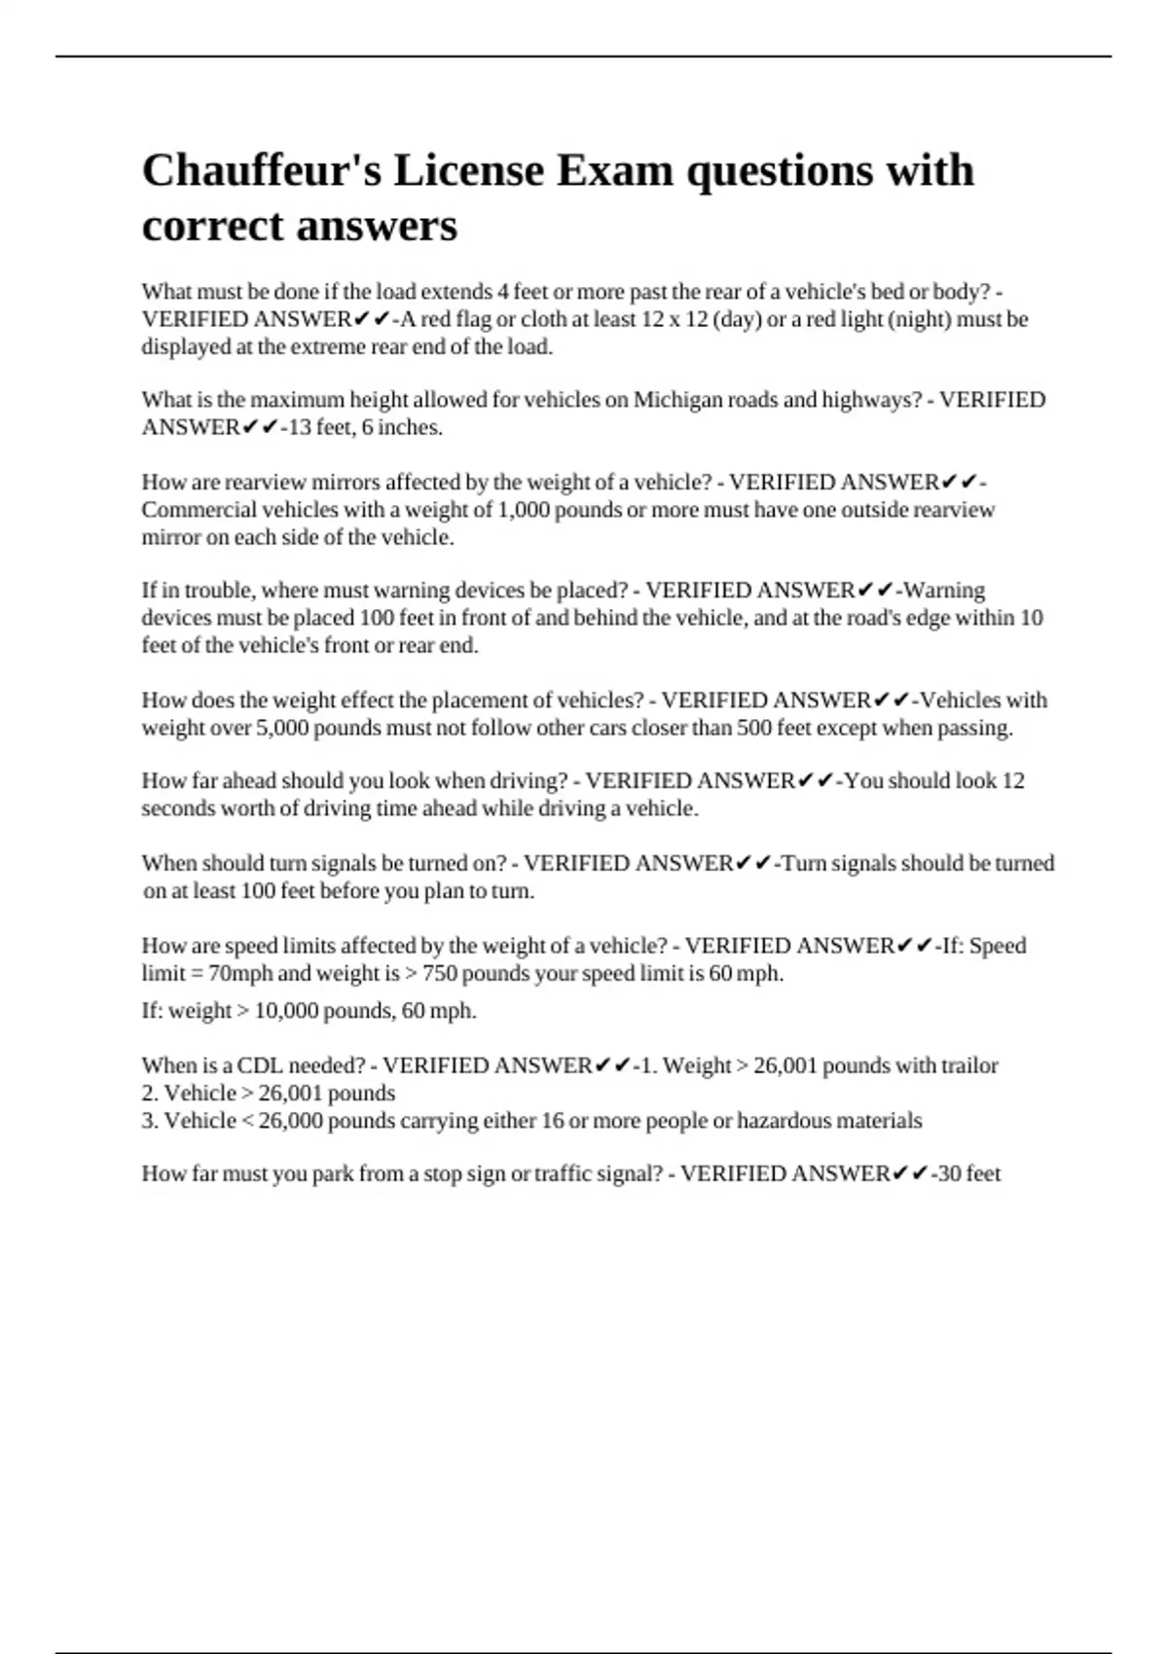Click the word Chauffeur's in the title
pos(262,170)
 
